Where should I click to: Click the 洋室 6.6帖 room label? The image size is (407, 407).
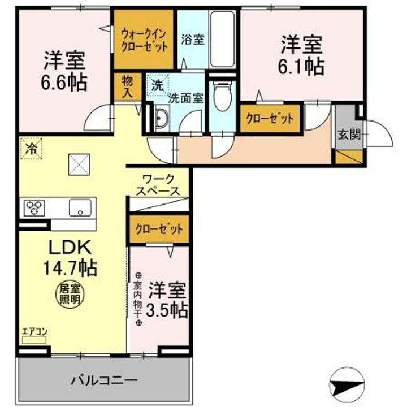click(63, 72)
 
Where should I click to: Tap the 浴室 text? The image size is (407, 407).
click(192, 40)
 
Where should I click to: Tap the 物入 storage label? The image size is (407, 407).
click(127, 86)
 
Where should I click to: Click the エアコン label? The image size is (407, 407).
click(33, 332)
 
